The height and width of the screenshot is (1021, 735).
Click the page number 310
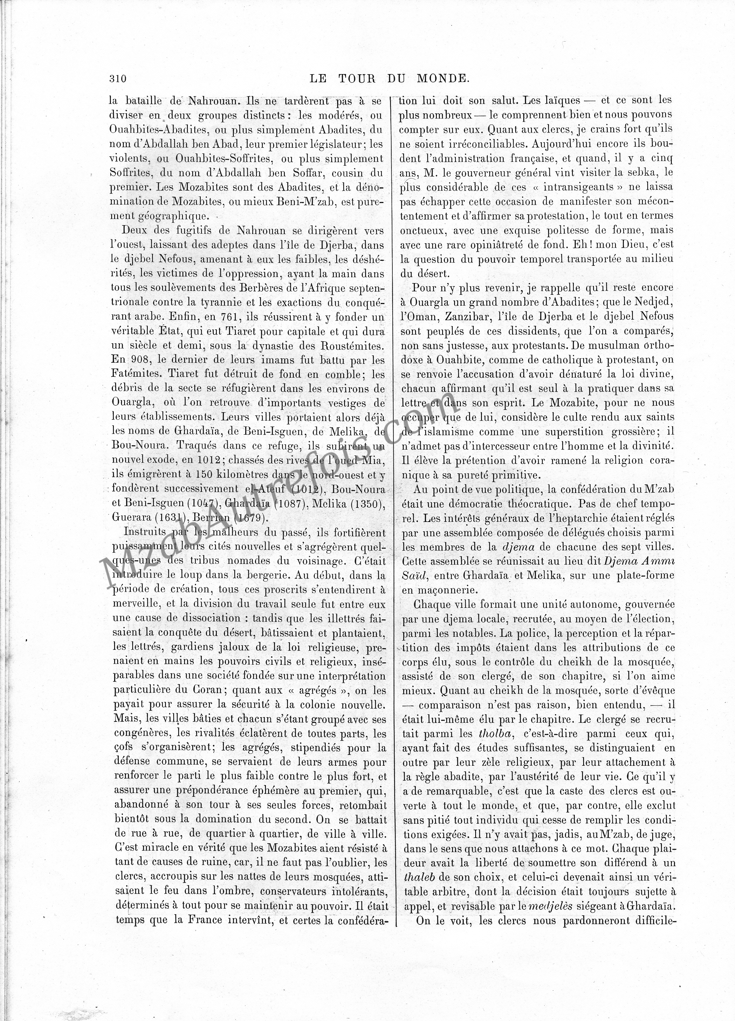tap(118, 78)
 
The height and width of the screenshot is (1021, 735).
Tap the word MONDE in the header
tap(443, 78)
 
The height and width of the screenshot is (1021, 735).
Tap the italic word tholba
tap(496, 733)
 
